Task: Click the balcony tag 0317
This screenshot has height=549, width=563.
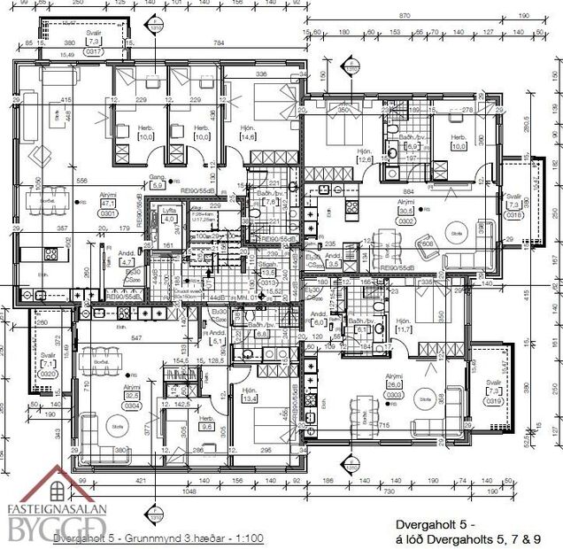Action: (93, 51)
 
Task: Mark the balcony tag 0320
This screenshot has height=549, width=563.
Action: (49, 373)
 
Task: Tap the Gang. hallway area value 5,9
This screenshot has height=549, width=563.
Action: (158, 187)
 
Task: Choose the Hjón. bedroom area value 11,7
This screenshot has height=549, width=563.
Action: (404, 329)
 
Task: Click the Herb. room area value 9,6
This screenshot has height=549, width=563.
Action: (207, 425)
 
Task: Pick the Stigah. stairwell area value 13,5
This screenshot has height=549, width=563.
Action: (268, 274)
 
